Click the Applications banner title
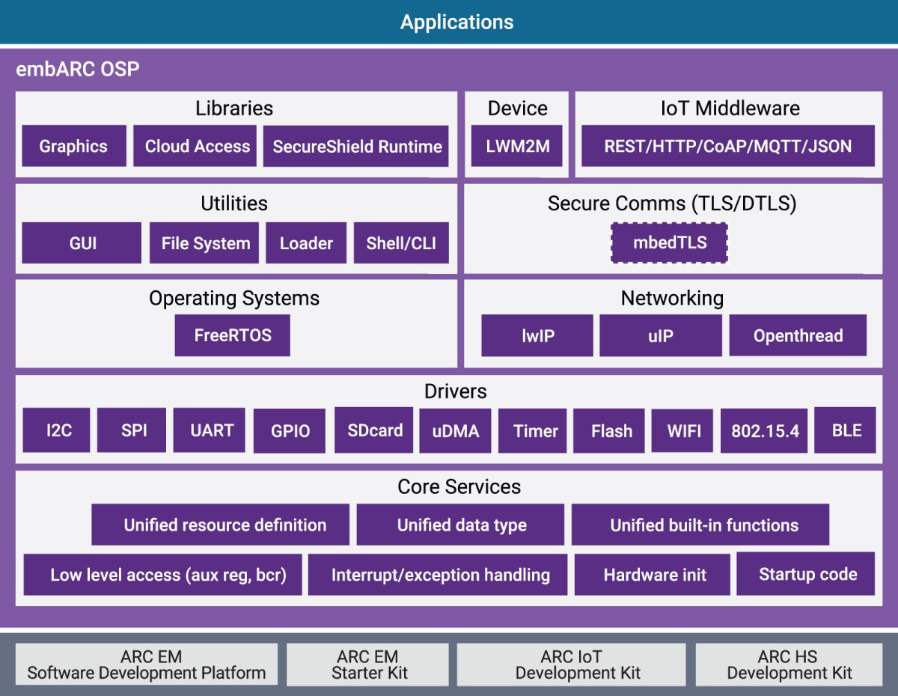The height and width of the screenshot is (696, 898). [456, 22]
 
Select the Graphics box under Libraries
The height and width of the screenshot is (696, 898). [73, 146]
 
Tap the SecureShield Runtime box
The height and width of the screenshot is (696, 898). [357, 146]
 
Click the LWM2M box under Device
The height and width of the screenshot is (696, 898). [517, 146]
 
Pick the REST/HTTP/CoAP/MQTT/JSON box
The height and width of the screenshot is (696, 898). [727, 146]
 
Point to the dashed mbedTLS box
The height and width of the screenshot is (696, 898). [669, 242]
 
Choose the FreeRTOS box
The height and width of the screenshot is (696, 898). [232, 335]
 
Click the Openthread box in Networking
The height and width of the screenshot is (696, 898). [798, 335]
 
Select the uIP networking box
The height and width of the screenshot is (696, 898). [661, 335]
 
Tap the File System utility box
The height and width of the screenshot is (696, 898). [205, 243]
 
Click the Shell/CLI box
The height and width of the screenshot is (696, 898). [401, 243]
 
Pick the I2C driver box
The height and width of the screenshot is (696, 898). [57, 430]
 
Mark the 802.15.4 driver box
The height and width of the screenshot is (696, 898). [764, 431]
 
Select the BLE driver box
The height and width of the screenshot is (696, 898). [846, 430]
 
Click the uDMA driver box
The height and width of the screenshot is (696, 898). [455, 431]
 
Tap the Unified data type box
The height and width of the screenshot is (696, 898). [461, 525]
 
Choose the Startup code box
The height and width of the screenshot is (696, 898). [807, 574]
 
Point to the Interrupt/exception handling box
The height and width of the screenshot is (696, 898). [440, 575]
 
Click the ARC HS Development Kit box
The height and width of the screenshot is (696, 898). [789, 665]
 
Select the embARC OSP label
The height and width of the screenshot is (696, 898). [78, 70]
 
